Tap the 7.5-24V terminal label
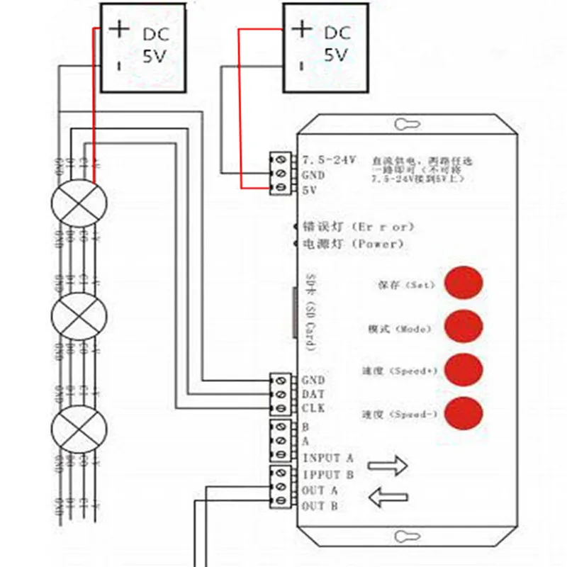click(x=327, y=157)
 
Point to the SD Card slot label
click(x=310, y=313)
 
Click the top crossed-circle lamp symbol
click(x=79, y=202)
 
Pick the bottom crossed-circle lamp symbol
click(x=79, y=429)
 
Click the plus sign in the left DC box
click(x=120, y=29)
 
